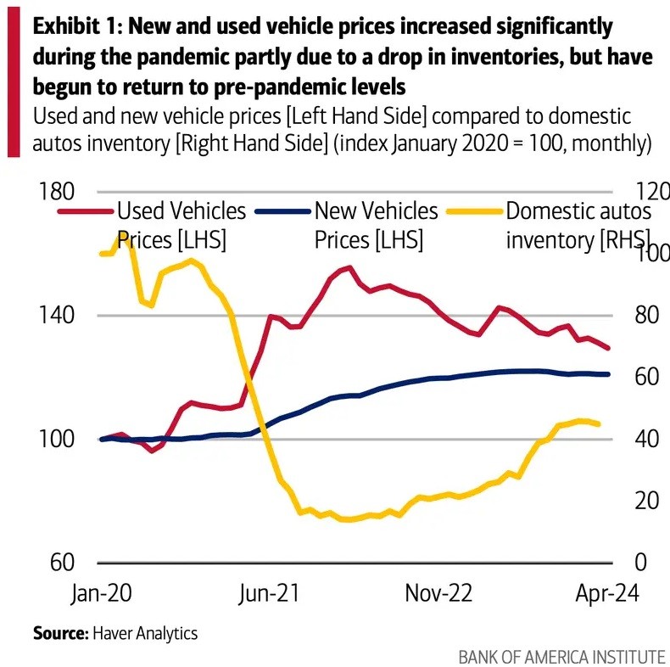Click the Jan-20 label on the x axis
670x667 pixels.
click(99, 592)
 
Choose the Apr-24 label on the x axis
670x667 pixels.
click(606, 592)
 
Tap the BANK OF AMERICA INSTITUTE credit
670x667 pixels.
click(561, 656)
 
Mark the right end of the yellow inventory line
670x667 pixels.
click(600, 423)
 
